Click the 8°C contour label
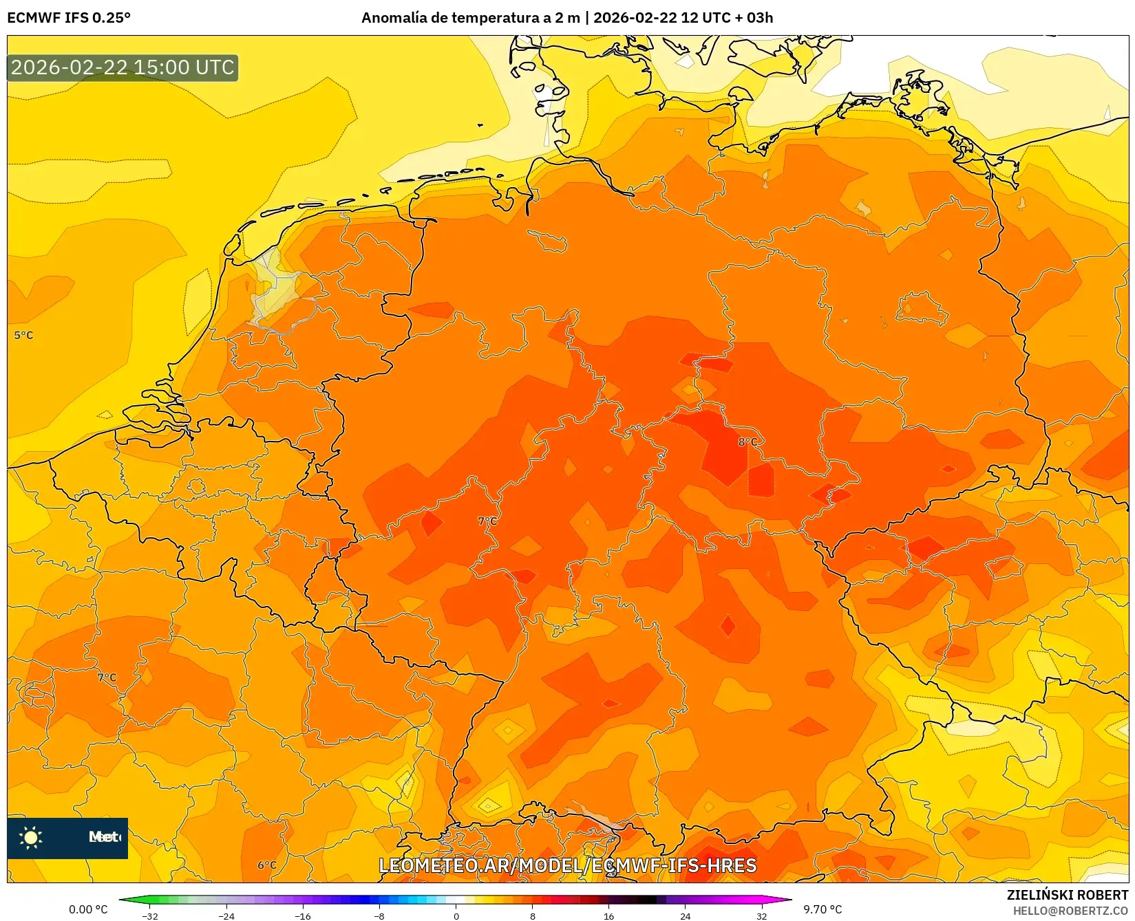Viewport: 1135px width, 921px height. click(x=747, y=442)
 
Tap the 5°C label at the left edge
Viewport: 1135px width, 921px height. click(x=23, y=336)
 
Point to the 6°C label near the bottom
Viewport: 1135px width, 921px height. click(x=267, y=865)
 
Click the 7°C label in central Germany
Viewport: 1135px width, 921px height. click(x=487, y=521)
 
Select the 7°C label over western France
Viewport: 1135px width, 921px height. click(x=107, y=678)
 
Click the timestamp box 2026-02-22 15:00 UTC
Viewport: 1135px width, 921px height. click(x=123, y=67)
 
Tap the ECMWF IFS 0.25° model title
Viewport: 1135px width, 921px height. click(x=69, y=18)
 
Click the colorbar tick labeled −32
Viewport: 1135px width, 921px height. click(x=149, y=915)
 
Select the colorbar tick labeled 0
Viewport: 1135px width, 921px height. click(x=456, y=915)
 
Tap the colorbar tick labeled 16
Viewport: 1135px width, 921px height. click(x=608, y=915)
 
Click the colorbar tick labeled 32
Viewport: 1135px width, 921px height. click(x=761, y=915)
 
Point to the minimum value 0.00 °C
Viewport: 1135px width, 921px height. click(x=88, y=909)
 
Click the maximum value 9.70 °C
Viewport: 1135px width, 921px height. click(x=823, y=909)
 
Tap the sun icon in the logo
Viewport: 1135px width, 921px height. click(x=31, y=837)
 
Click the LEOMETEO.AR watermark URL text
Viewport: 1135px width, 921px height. click(x=568, y=865)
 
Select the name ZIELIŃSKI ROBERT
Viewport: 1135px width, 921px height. click(x=1067, y=895)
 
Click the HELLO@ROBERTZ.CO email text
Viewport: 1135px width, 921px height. click(x=1070, y=911)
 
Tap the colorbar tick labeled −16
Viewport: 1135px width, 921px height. click(x=302, y=915)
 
